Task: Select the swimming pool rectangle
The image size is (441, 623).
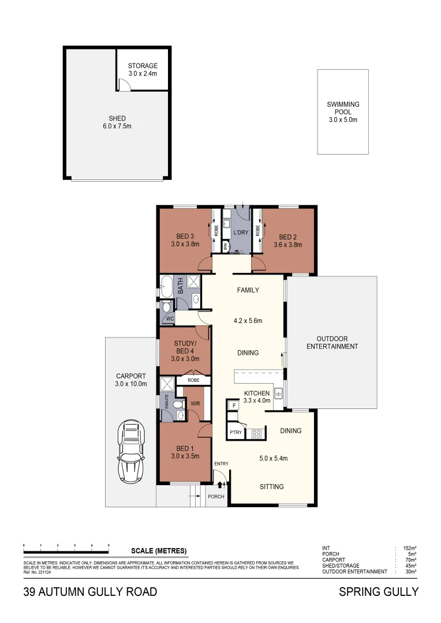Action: pos(343,111)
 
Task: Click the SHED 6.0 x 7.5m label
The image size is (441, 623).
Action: pos(117,122)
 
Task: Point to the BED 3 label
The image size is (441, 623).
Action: pos(185,240)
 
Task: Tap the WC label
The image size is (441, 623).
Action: pos(170,319)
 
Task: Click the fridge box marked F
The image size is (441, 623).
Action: pos(234,406)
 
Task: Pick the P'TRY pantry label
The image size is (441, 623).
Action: pos(236,432)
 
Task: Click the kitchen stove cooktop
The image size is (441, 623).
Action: pos(256,434)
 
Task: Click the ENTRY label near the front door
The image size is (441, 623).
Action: pos(221,464)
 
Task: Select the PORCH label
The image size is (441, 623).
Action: pos(216,497)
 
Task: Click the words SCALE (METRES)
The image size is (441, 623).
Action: pos(159,550)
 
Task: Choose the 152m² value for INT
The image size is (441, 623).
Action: pos(410,548)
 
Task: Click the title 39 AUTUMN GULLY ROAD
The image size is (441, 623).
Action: pos(90,592)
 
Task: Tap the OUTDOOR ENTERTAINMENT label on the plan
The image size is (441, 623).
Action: pos(332,343)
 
